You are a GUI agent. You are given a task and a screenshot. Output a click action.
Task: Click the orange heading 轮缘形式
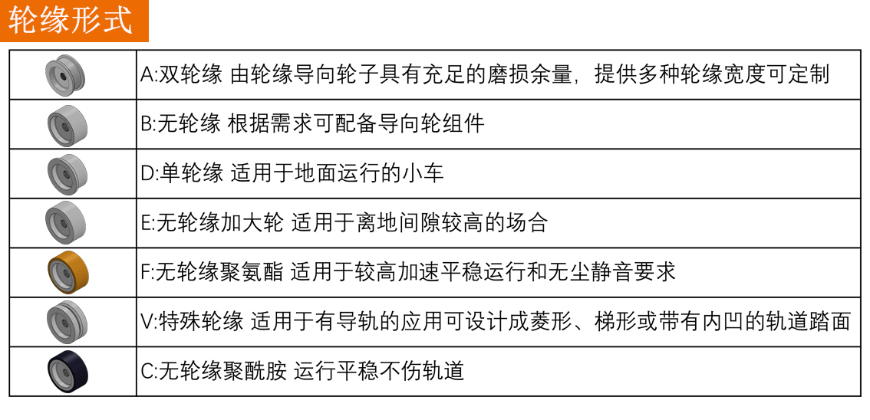click(71, 20)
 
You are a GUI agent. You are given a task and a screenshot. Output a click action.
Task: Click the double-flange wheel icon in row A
click(65, 75)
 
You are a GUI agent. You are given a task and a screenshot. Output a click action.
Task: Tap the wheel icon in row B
click(68, 125)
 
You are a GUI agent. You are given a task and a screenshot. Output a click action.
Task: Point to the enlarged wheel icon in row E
click(65, 223)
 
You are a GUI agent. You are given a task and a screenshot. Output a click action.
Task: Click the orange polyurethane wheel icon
click(68, 273)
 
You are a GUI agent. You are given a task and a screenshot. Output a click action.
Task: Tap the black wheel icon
click(68, 372)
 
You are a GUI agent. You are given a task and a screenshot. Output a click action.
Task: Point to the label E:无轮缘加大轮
click(212, 223)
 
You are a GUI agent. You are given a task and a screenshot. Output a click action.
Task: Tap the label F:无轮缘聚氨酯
click(212, 272)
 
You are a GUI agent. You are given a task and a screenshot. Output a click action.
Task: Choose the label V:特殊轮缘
click(192, 321)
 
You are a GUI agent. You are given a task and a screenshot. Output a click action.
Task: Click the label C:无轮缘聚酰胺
click(213, 371)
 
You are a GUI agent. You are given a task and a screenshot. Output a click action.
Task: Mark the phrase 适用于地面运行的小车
click(338, 173)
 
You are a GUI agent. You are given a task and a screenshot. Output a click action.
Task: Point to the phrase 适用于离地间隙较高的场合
click(420, 223)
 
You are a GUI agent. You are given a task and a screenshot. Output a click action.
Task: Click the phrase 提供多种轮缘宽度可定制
click(712, 75)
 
